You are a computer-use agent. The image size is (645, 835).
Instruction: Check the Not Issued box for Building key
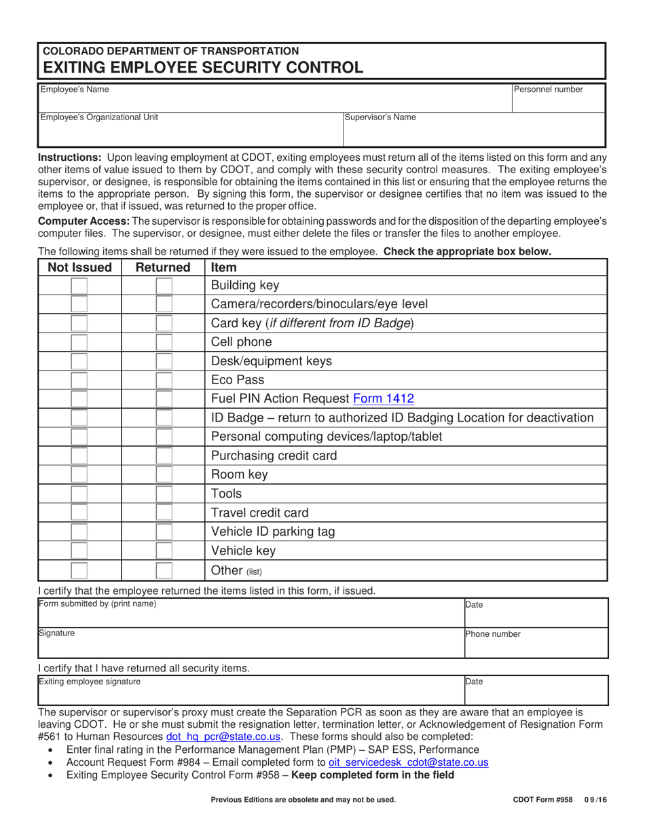79,286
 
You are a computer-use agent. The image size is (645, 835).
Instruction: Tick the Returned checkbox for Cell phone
164,342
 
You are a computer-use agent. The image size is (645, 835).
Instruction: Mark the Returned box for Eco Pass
164,380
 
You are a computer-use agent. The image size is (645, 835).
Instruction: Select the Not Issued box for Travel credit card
79,513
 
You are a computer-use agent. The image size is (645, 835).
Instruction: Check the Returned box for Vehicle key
164,551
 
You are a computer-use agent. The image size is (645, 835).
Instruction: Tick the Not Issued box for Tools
79,494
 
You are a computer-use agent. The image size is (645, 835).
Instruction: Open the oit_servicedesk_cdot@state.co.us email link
408,762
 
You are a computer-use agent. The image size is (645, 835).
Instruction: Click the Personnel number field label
548,89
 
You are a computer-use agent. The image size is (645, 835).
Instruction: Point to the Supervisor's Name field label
380,117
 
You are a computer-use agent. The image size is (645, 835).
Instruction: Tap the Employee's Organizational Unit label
99,117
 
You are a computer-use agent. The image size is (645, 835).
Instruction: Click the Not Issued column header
79,267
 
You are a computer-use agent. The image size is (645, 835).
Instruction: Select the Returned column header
163,267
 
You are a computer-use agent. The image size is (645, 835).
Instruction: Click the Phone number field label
493,634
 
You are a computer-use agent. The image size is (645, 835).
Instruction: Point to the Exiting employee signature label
90,681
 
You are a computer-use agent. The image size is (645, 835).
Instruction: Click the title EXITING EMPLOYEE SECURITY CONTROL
203,67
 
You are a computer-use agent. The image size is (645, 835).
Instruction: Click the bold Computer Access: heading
84,221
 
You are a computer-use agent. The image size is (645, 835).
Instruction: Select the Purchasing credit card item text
274,456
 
